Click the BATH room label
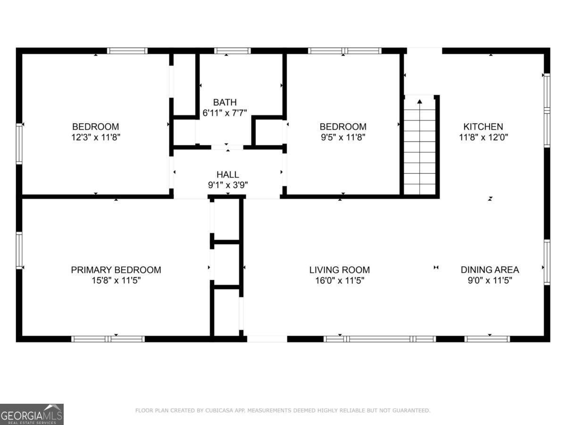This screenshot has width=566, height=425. [225, 102]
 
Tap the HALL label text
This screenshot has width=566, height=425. [228, 175]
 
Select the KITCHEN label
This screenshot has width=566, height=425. [483, 127]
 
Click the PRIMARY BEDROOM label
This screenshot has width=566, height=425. [116, 270]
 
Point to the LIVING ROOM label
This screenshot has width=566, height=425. [339, 270]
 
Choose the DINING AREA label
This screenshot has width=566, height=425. [490, 270]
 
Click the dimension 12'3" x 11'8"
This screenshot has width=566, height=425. [95, 137]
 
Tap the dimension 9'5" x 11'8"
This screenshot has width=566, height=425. [343, 137]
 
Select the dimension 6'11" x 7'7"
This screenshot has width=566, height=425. [225, 113]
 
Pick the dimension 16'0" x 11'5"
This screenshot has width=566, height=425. [339, 280]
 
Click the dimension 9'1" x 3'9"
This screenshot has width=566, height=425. [228, 185]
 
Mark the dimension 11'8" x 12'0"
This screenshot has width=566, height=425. [483, 137]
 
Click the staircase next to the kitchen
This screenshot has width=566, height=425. [420, 151]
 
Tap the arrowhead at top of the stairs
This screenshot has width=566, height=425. [419, 101]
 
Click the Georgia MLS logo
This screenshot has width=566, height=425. [32, 414]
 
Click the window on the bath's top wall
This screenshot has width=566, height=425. [232, 51]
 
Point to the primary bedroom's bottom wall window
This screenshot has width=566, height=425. [108, 339]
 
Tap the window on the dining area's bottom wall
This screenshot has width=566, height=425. [487, 339]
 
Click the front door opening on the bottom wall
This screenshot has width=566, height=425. [267, 339]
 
